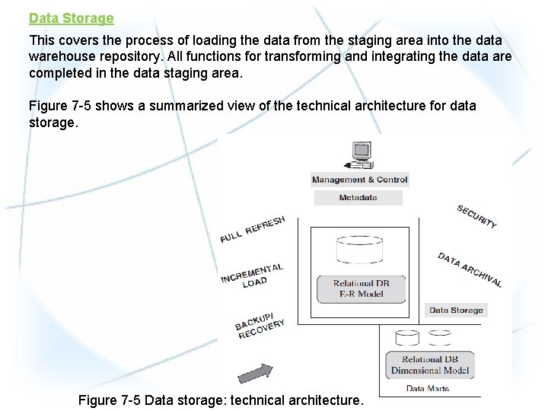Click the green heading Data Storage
[72, 18]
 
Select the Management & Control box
[360, 180]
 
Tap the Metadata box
[358, 198]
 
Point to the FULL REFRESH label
[253, 229]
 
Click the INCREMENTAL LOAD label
[253, 276]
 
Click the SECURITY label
[476, 216]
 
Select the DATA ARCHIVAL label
[470, 269]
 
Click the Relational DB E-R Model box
[361, 288]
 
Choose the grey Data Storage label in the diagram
[456, 310]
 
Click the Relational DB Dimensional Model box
[430, 365]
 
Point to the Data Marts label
[427, 388]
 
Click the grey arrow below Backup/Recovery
[255, 373]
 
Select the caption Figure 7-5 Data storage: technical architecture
[221, 400]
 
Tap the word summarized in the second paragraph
[183, 106]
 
